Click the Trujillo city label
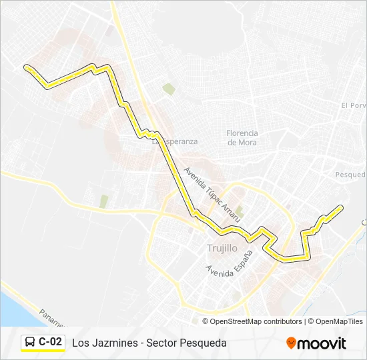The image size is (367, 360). pyautogui.click(x=222, y=248)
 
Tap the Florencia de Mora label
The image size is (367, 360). pyautogui.click(x=242, y=137)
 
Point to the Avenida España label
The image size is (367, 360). pyautogui.click(x=230, y=265)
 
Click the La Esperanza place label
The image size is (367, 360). pyautogui.click(x=176, y=141)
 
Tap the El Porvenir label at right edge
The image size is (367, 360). pyautogui.click(x=354, y=105)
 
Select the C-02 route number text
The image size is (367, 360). pyautogui.click(x=51, y=342)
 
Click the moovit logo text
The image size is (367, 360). pyautogui.click(x=322, y=343)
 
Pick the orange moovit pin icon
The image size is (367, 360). pyautogui.click(x=291, y=343)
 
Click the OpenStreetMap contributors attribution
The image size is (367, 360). pyautogui.click(x=256, y=321)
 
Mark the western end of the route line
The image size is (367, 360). pyautogui.click(x=26, y=66)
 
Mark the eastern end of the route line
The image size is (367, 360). pyautogui.click(x=342, y=207)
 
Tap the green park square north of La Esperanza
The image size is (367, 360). pyautogui.click(x=169, y=89)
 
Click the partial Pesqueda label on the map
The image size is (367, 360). pyautogui.click(x=351, y=174)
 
